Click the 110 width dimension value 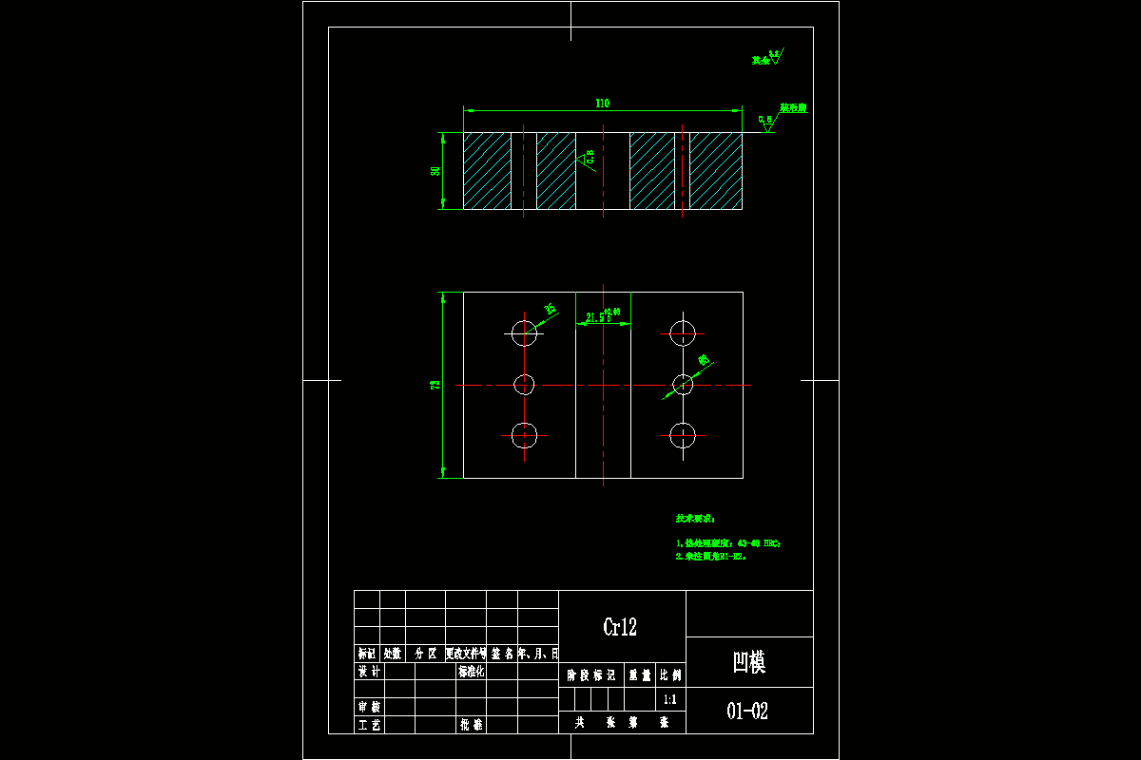[602, 104]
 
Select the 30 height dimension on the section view [435, 171]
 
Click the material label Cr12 [620, 627]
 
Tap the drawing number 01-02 [747, 711]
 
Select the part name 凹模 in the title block [748, 662]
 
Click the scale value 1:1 [669, 699]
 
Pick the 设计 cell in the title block [368, 672]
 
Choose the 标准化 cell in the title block [472, 672]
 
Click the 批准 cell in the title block [472, 724]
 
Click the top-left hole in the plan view [524, 332]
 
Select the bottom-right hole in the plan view [683, 435]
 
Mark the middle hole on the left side [524, 384]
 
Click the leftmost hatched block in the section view [487, 171]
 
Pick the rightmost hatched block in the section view [715, 171]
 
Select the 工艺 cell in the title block [368, 724]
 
